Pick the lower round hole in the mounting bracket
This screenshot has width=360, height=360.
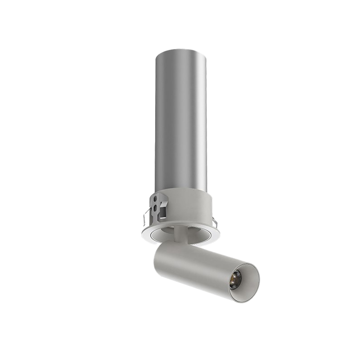tap(155, 208)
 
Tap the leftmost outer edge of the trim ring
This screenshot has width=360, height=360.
tap(141, 229)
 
